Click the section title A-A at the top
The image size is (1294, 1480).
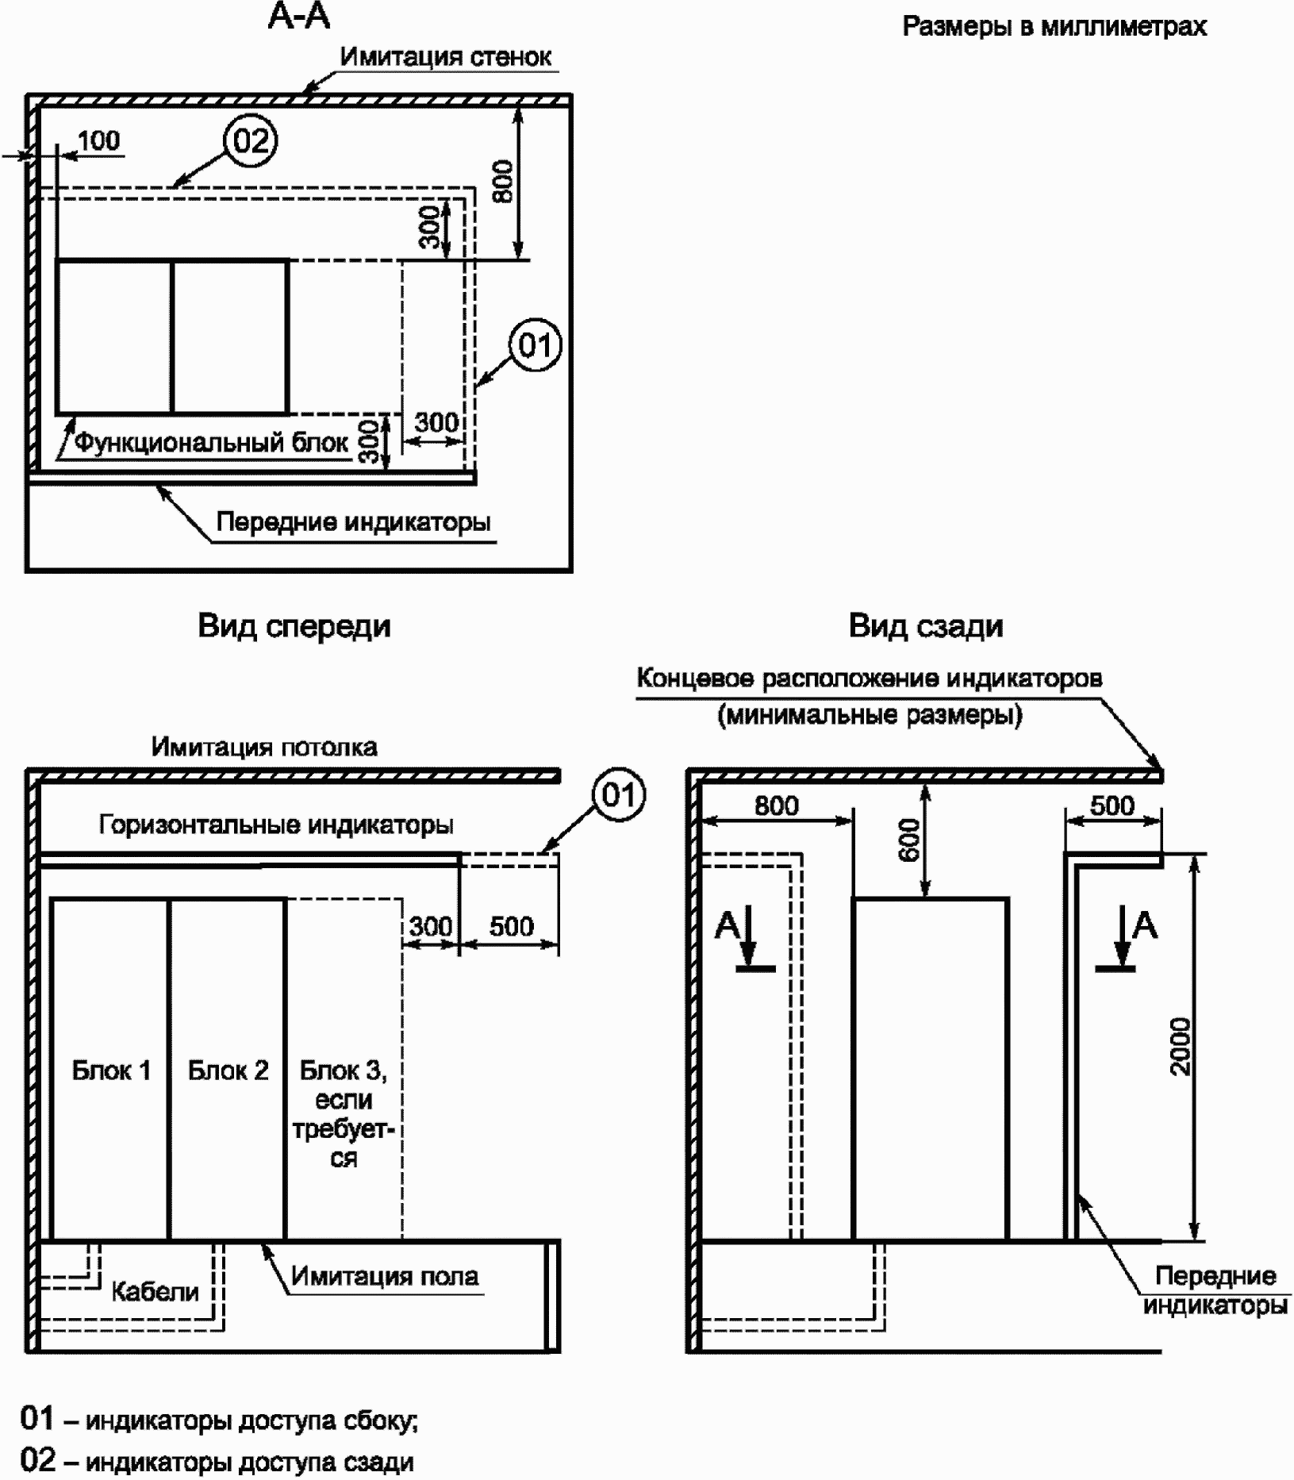coord(299,17)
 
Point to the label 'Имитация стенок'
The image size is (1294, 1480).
coord(446,57)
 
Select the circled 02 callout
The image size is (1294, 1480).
coord(251,141)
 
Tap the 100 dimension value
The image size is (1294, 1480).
coord(99,140)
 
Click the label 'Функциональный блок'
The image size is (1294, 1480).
coord(211,442)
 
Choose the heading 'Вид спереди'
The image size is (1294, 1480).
coord(294,626)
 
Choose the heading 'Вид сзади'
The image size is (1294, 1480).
coord(926,626)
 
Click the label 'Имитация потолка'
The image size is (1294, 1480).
coord(264,748)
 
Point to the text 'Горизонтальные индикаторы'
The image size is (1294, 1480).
coord(276,825)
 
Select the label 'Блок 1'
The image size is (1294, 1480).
coord(111,1071)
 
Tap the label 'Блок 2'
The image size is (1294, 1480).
coord(228,1071)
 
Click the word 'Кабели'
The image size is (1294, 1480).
coord(155,1292)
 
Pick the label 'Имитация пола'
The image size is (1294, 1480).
coord(385,1276)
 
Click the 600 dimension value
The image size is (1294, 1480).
coord(910,840)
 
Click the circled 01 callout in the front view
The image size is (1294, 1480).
coord(620,795)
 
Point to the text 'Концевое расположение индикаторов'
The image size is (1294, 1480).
coord(870,679)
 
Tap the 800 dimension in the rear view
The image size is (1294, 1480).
coord(776,806)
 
